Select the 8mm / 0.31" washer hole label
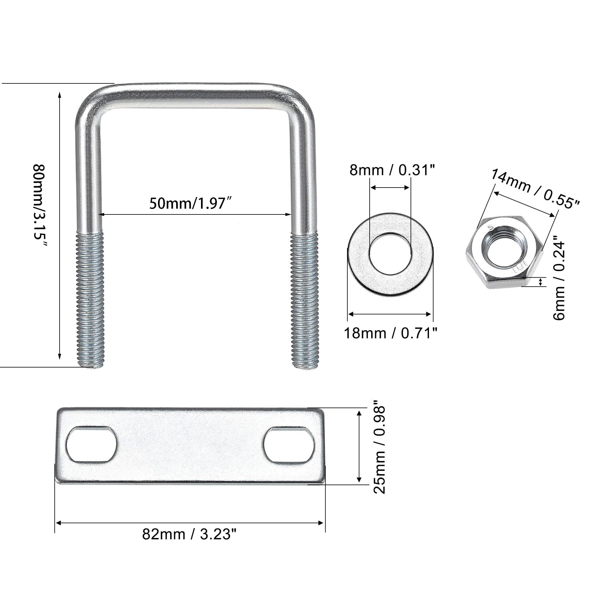tap(392, 170)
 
